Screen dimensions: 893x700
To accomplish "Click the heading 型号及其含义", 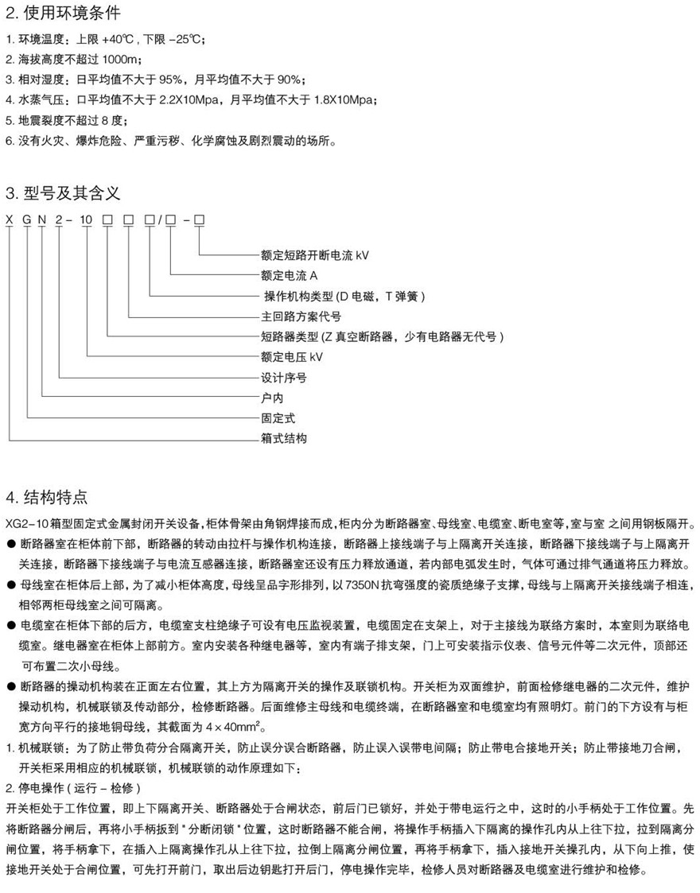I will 64,193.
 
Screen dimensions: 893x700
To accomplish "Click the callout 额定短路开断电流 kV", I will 314,255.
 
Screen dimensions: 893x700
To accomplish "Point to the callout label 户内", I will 272,398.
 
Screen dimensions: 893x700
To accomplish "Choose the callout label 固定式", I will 278,417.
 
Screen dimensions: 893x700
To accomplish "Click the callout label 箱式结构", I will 283,438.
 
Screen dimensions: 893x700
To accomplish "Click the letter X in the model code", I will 9,219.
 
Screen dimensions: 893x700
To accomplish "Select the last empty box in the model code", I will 199,219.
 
